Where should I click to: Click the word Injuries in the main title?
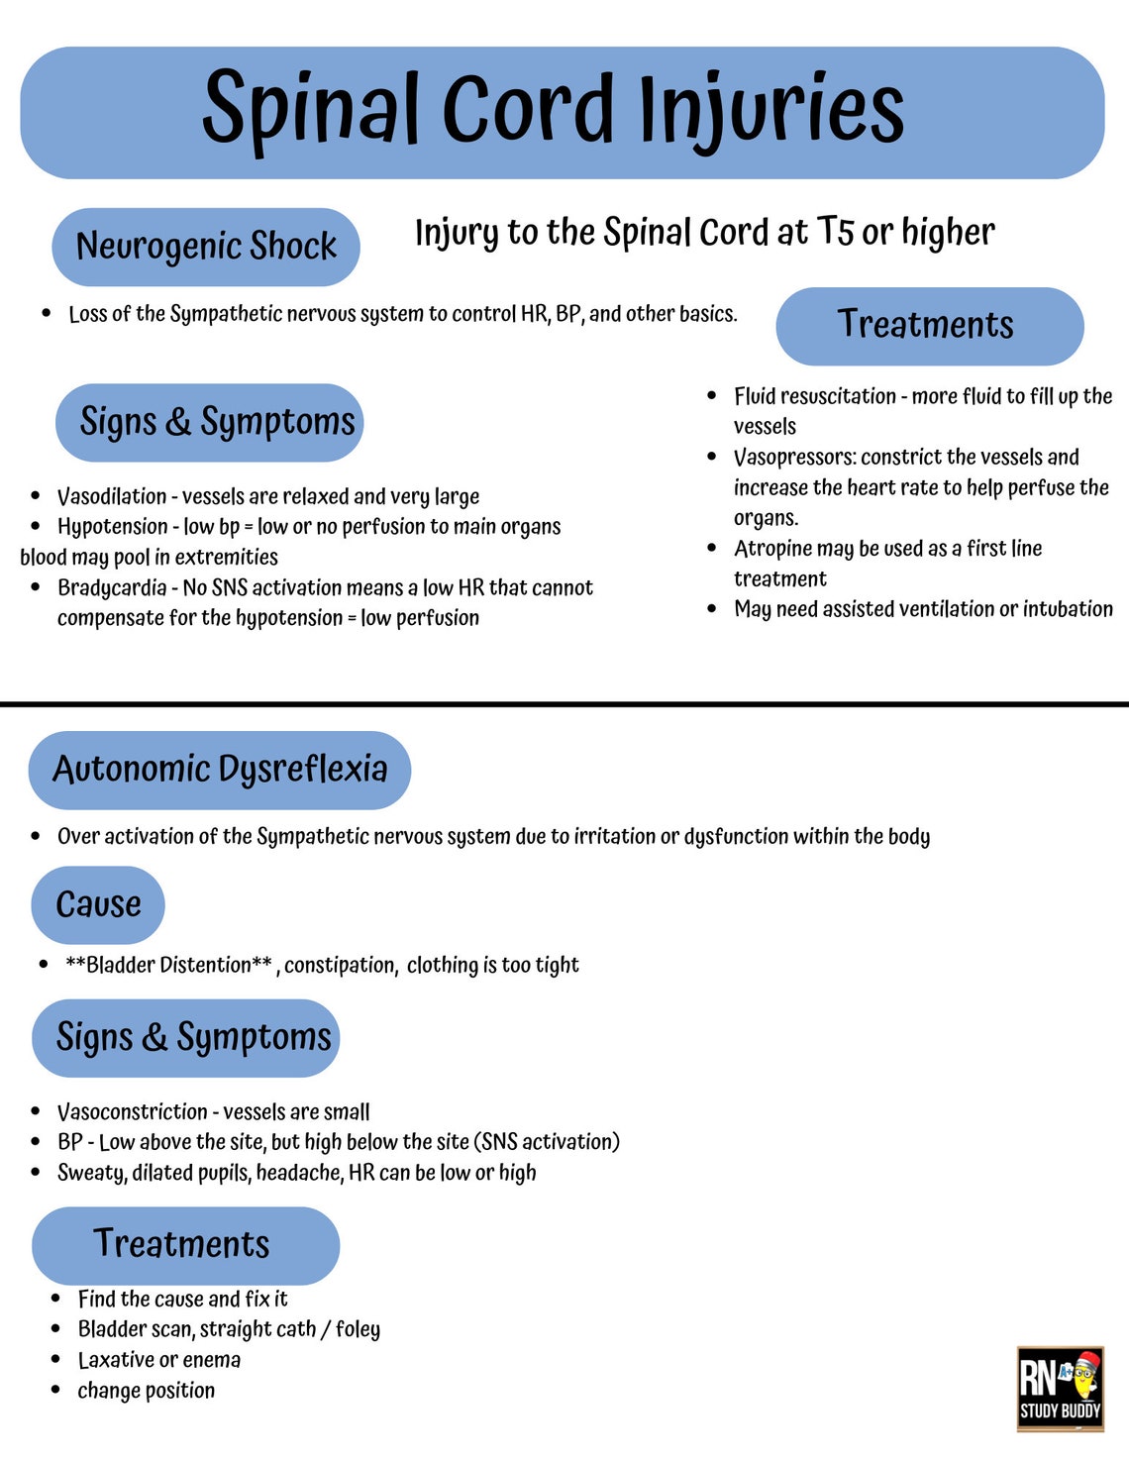(x=770, y=109)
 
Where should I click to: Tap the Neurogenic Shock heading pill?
(x=206, y=246)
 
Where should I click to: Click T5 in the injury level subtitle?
(x=835, y=232)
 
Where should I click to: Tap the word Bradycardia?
(x=112, y=587)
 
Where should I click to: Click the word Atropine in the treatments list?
(x=772, y=549)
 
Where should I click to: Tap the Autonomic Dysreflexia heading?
(x=220, y=769)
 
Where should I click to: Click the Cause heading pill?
(x=98, y=904)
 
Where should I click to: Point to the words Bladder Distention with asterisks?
(x=168, y=965)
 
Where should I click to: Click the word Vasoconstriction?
(x=132, y=1112)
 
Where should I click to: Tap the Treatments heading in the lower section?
(x=182, y=1244)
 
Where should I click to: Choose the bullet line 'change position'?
(x=146, y=1391)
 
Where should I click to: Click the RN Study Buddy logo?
(x=1060, y=1388)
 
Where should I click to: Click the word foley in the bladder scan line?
(x=358, y=1329)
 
